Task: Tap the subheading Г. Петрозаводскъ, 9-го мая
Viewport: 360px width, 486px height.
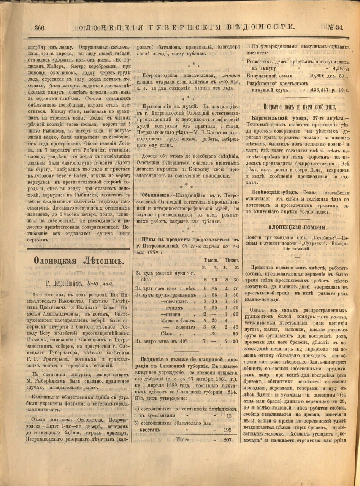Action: point(79,283)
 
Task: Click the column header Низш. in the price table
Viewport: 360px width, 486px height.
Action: point(231,260)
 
